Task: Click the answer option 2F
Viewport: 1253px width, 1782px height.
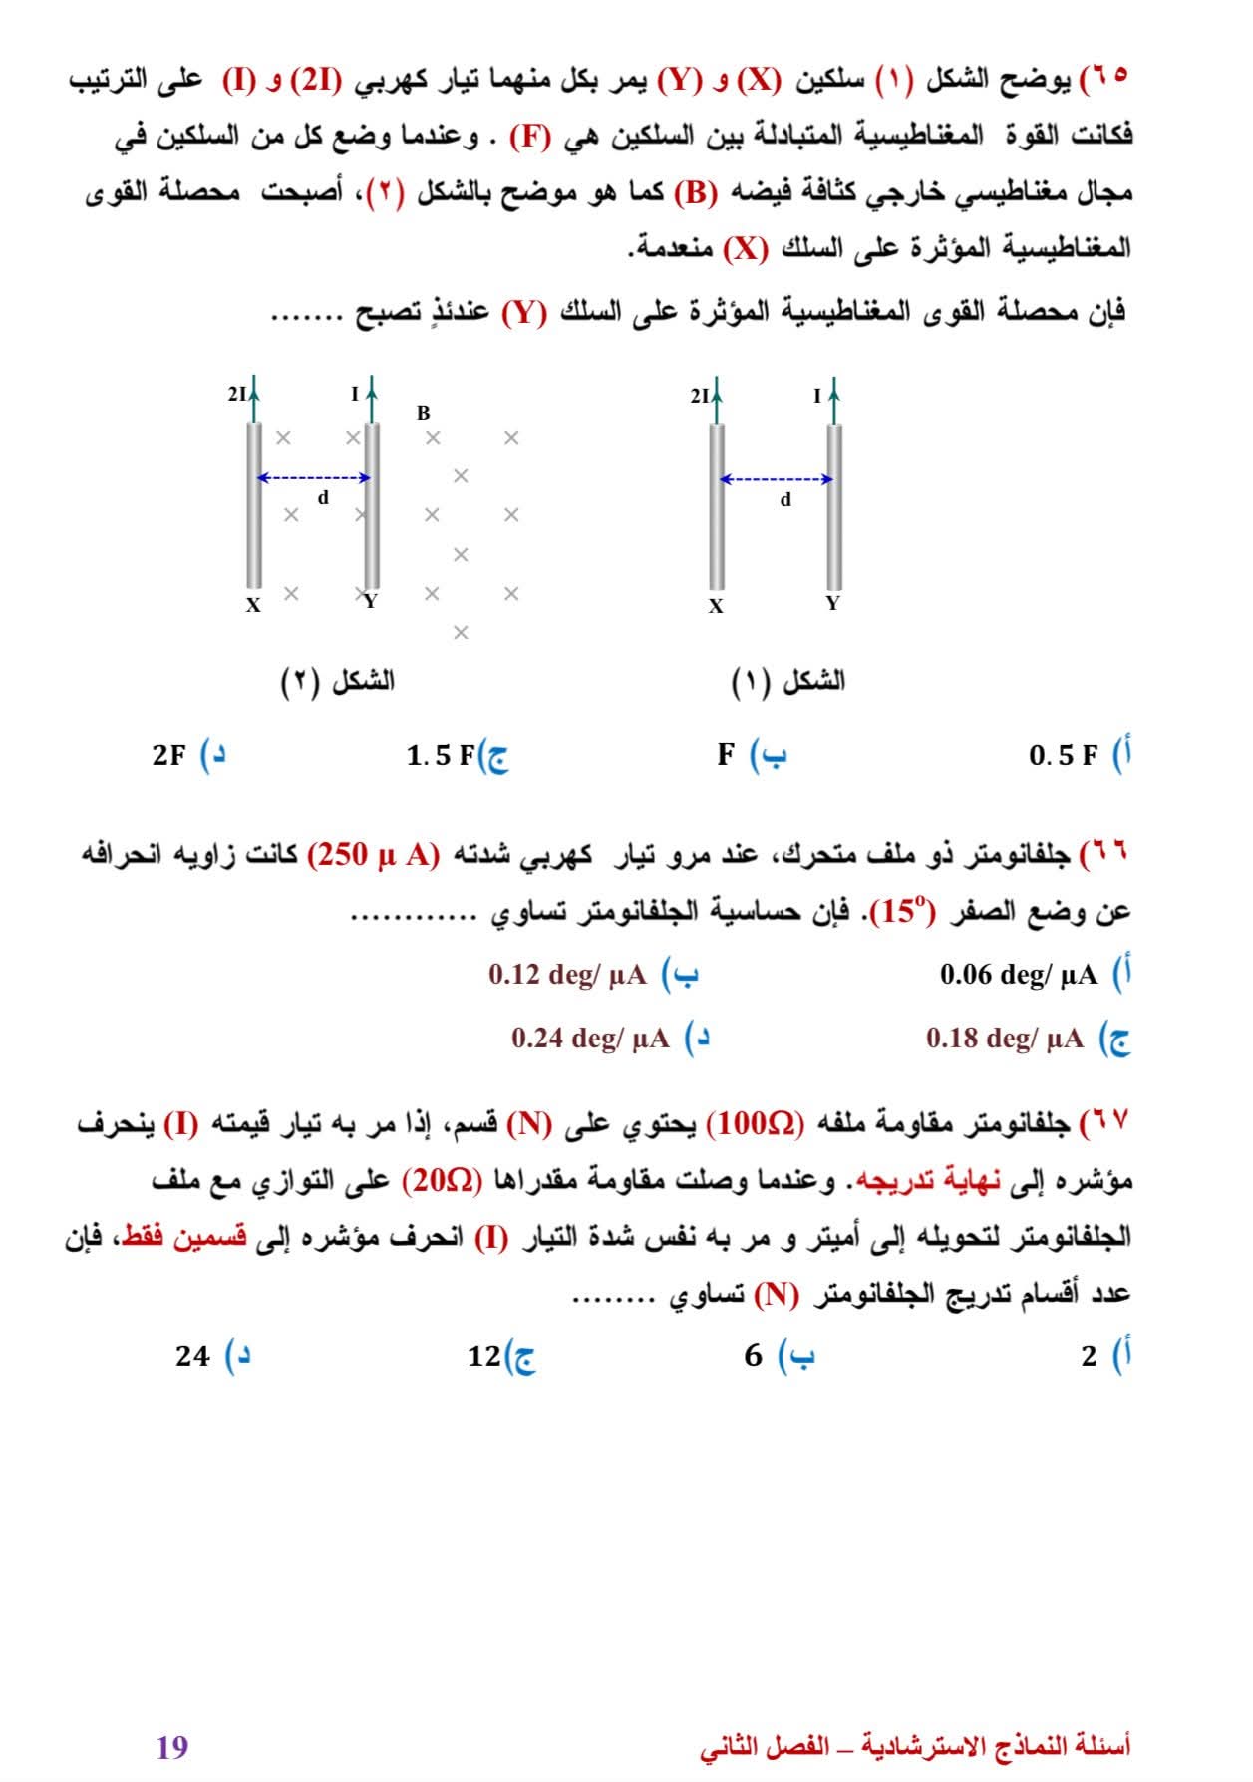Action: (x=169, y=755)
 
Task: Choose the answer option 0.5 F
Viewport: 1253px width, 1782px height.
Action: (x=1063, y=756)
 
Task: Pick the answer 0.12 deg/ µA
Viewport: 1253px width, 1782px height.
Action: (x=567, y=974)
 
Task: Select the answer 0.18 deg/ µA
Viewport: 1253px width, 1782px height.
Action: (x=1005, y=1039)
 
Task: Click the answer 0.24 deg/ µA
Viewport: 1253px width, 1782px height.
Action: (x=590, y=1039)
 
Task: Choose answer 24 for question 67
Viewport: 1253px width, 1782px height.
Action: (x=193, y=1356)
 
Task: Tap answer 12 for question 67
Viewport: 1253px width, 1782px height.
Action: (x=484, y=1356)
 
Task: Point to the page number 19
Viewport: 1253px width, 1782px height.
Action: (x=172, y=1747)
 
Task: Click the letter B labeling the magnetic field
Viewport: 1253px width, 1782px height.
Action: (x=424, y=413)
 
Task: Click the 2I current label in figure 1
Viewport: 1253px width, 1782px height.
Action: (x=700, y=396)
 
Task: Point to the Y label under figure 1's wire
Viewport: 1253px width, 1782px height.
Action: (x=833, y=603)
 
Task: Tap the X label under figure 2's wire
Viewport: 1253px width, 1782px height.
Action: (x=254, y=605)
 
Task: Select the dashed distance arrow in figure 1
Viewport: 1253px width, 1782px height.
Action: (x=777, y=479)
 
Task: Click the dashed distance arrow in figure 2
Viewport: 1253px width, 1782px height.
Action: (x=314, y=478)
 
